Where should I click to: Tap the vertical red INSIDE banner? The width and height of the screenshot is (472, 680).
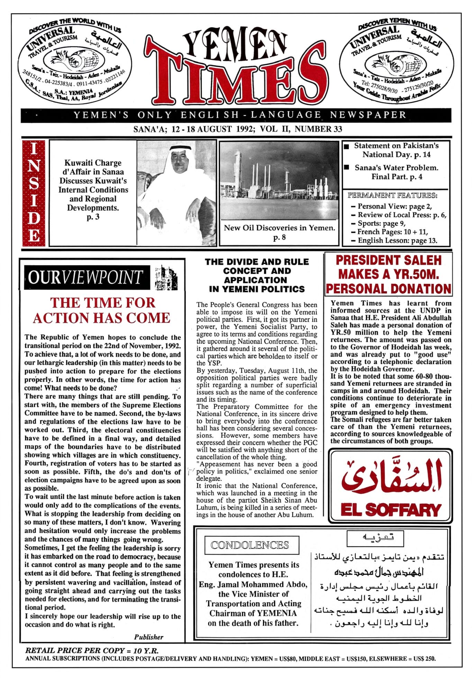[34, 193]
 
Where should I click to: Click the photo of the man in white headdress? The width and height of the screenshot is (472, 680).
[176, 193]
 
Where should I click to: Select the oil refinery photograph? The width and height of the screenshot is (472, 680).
[279, 180]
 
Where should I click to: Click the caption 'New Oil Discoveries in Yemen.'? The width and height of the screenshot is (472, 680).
[279, 228]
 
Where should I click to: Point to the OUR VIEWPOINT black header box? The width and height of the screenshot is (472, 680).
[87, 277]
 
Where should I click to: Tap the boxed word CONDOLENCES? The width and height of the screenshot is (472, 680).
[250, 545]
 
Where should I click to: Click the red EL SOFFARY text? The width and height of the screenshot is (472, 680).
[390, 510]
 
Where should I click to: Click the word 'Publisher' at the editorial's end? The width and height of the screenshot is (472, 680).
[149, 637]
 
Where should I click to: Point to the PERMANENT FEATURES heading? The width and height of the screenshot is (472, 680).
[392, 196]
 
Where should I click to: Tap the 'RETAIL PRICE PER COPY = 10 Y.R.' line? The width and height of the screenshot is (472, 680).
[92, 650]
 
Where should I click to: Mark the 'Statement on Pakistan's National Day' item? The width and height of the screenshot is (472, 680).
[396, 150]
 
